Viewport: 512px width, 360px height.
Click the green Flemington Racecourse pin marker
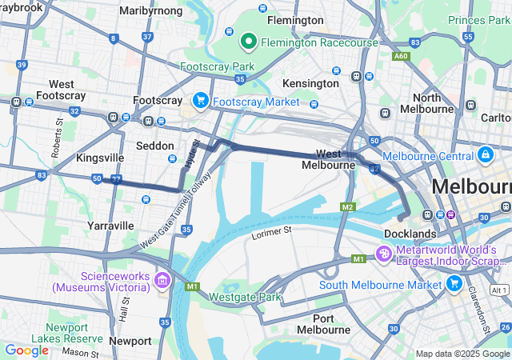[x=248, y=40]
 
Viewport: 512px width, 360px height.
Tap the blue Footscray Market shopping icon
[x=201, y=101]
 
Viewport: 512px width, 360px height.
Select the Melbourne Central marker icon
[x=485, y=154]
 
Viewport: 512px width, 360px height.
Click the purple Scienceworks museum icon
[x=162, y=279]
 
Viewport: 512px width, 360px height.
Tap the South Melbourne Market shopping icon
[x=454, y=283]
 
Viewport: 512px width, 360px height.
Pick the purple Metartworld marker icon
[x=384, y=254]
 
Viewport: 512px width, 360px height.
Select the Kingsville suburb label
[x=99, y=158]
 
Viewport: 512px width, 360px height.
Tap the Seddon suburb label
[x=154, y=146]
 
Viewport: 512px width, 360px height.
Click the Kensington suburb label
[x=311, y=83]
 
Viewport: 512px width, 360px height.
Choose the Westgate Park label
[x=246, y=297]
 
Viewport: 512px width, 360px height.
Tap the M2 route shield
[x=346, y=207]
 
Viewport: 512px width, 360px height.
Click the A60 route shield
[x=401, y=56]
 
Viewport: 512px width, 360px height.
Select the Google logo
[x=26, y=350]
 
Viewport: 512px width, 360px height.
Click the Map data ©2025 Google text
[x=462, y=354]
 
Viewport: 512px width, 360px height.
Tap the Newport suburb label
[x=130, y=340]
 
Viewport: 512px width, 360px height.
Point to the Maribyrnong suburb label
[x=150, y=11]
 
